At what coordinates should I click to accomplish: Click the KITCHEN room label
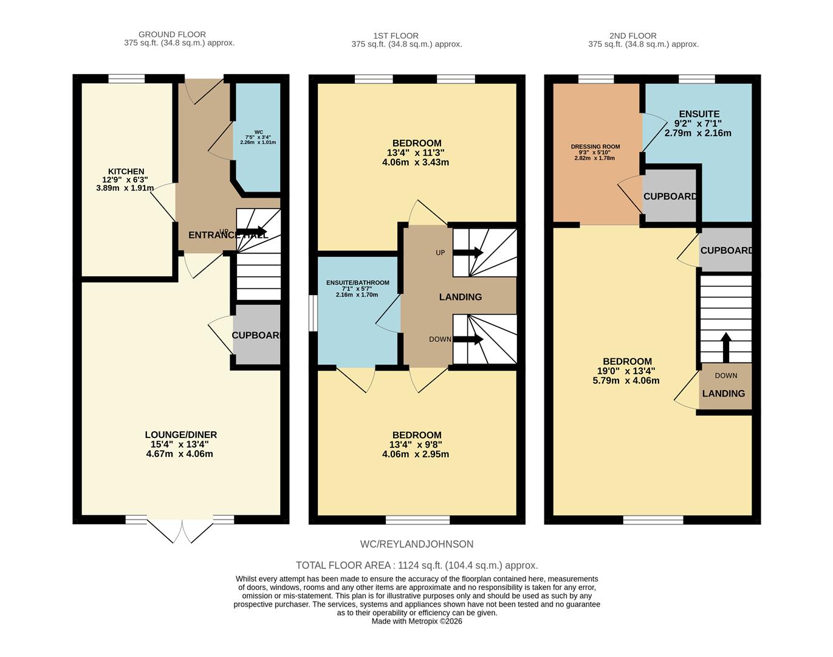click(x=126, y=172)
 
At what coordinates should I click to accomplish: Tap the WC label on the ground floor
click(x=258, y=132)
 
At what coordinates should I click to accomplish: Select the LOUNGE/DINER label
click(x=180, y=435)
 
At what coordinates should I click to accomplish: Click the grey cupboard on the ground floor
click(x=256, y=335)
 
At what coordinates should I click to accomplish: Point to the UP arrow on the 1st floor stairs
click(x=468, y=252)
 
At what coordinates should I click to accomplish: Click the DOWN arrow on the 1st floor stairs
click(x=468, y=339)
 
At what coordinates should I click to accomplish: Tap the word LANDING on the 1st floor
click(x=461, y=297)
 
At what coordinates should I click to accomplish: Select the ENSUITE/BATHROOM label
click(x=357, y=283)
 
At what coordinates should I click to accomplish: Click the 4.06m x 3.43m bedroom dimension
click(x=416, y=162)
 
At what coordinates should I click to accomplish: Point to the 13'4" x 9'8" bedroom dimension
click(x=417, y=445)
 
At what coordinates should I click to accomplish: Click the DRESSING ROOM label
click(x=595, y=147)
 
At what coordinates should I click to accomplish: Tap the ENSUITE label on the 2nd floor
click(x=699, y=114)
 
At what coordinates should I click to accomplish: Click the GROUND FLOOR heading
click(x=172, y=35)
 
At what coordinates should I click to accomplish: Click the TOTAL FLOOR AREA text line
click(x=416, y=565)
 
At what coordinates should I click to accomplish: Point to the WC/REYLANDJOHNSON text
click(x=416, y=544)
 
